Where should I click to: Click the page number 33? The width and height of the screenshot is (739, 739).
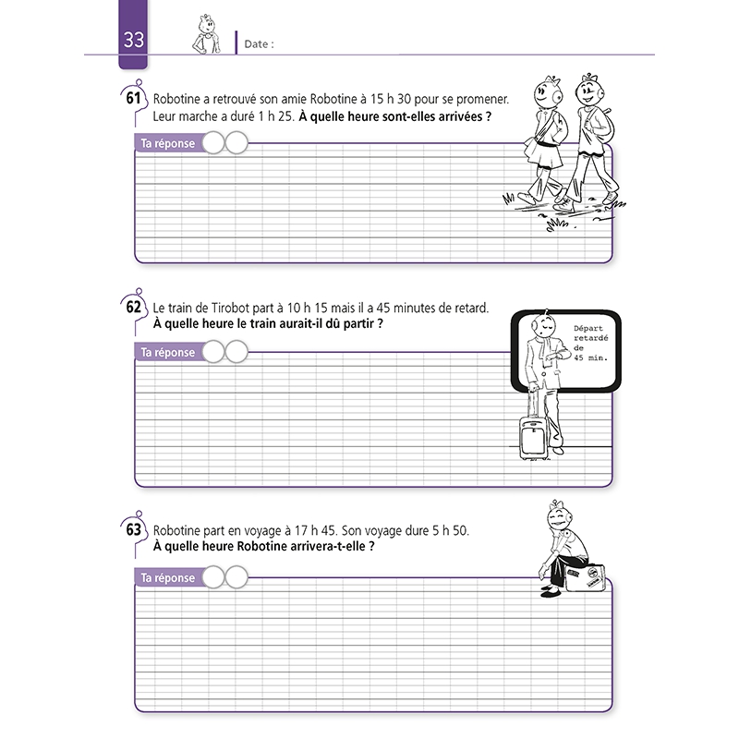pyautogui.click(x=134, y=41)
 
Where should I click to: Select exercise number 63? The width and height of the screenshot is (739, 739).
pyautogui.click(x=135, y=530)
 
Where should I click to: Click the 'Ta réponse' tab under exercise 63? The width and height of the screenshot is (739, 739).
pyautogui.click(x=167, y=577)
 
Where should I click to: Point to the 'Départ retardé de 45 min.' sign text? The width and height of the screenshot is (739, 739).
pyautogui.click(x=592, y=344)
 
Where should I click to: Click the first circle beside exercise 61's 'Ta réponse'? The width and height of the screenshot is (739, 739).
pyautogui.click(x=212, y=143)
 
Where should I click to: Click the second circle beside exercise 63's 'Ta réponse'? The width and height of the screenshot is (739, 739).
pyautogui.click(x=236, y=577)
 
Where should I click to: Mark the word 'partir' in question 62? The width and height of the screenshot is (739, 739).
pyautogui.click(x=357, y=325)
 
